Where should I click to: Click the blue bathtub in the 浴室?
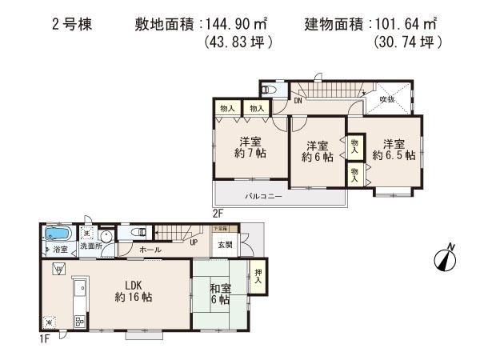pyautogui.click(x=58, y=234)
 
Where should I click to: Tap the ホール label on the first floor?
pyautogui.click(x=149, y=250)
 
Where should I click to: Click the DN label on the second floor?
pyautogui.click(x=297, y=101)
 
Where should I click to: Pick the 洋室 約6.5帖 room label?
pyautogui.click(x=393, y=150)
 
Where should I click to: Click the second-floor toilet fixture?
pyautogui.click(x=268, y=90)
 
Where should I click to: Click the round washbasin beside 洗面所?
pyautogui.click(x=106, y=237)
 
